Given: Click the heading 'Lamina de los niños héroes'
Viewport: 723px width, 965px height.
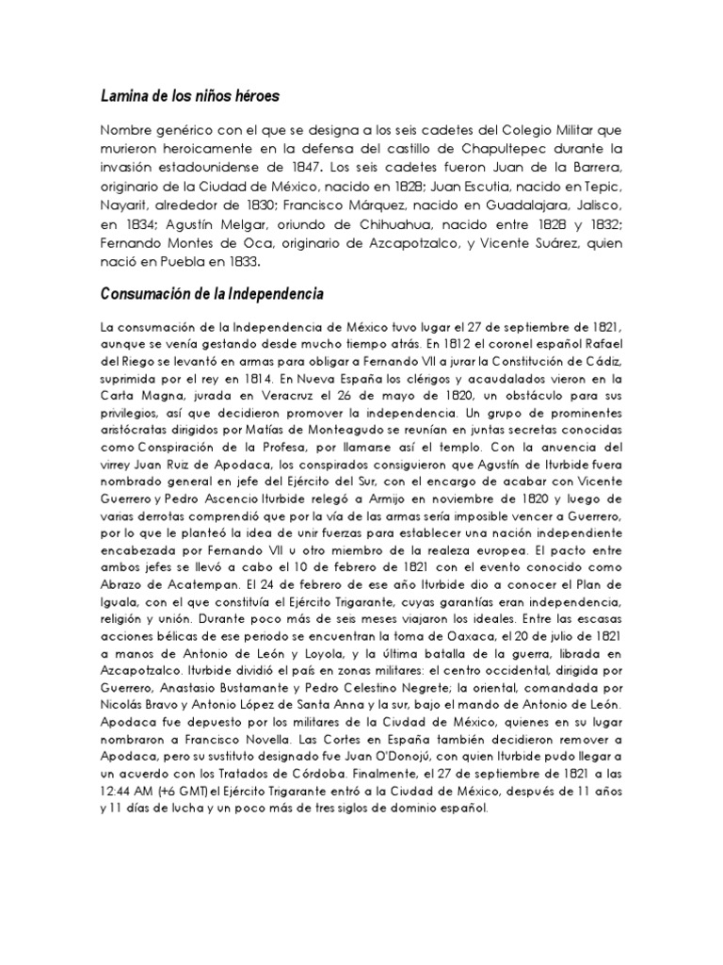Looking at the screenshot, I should [x=190, y=96].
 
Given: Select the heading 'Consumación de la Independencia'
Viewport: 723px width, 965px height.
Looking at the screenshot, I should [x=212, y=295].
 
